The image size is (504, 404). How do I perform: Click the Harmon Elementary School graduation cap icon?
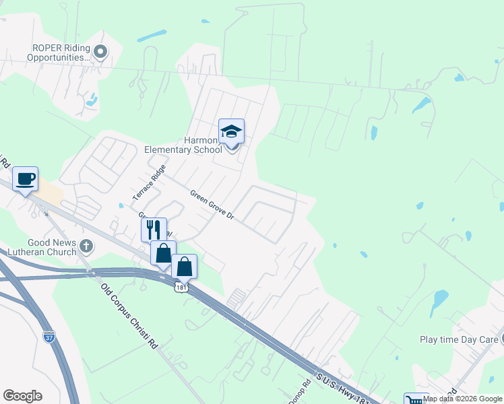tap(231, 131)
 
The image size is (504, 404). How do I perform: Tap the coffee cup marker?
tap(26, 178)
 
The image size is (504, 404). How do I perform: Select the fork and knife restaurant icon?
tap(154, 229)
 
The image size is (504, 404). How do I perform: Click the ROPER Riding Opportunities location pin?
tap(101, 51)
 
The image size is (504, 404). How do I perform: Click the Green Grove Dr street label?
tap(212, 205)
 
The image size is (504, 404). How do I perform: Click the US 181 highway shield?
tap(180, 288)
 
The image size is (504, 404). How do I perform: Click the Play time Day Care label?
tap(458, 340)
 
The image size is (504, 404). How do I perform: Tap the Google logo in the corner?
tap(22, 396)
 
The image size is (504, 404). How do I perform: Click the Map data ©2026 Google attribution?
tap(463, 399)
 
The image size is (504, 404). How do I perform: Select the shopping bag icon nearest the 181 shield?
tap(184, 266)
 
